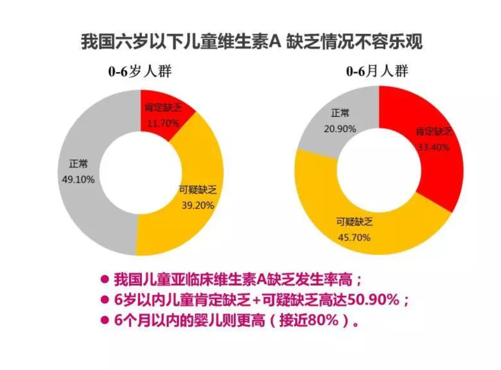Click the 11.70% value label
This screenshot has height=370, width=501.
click(x=163, y=123)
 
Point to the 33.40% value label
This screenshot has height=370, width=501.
click(x=433, y=147)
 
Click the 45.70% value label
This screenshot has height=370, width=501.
click(x=354, y=237)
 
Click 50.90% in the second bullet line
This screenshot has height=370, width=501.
click(x=373, y=300)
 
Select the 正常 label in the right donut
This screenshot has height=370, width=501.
click(x=340, y=113)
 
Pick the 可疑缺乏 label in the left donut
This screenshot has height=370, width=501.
click(x=198, y=190)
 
